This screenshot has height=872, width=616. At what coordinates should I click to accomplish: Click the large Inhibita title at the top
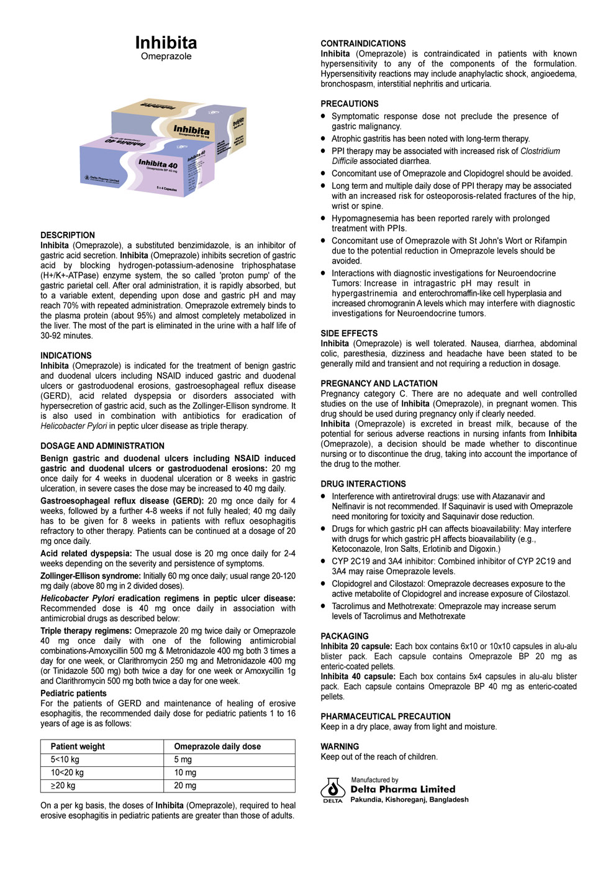click(166, 42)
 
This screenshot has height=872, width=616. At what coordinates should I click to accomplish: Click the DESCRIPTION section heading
click(68, 235)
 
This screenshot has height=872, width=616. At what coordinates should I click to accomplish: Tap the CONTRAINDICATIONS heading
click(363, 44)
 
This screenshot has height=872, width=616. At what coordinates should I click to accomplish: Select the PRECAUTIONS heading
click(349, 104)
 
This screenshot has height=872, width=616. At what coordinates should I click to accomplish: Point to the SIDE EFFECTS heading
click(349, 333)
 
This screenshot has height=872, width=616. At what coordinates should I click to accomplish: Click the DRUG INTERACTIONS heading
click(363, 484)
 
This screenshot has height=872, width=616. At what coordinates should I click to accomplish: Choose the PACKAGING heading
click(344, 636)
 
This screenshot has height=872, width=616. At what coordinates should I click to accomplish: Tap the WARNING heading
click(340, 746)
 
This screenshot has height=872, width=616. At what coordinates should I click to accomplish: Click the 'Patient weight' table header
click(78, 746)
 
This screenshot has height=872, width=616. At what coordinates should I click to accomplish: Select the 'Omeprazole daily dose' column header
click(217, 746)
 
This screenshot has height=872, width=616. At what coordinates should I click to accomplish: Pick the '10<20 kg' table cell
click(67, 773)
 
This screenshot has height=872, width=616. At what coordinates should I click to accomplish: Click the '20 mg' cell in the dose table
click(185, 786)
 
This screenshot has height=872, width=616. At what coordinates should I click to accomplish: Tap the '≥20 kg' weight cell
click(63, 786)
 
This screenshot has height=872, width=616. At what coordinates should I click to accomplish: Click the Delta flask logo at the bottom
click(333, 789)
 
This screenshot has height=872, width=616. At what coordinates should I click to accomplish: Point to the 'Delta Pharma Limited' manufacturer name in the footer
click(402, 789)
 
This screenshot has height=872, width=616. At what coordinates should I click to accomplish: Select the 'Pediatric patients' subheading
click(73, 693)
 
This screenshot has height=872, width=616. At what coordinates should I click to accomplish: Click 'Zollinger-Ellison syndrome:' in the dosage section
click(91, 576)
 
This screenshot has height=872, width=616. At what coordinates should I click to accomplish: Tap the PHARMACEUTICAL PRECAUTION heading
click(385, 716)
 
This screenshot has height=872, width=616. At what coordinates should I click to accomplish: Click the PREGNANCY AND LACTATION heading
click(379, 383)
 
